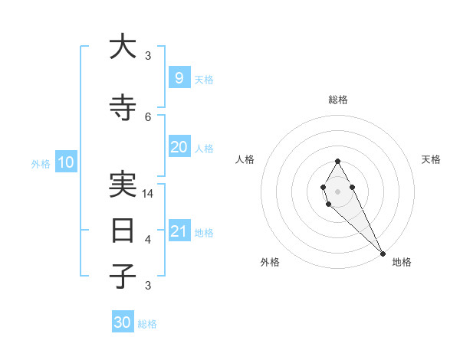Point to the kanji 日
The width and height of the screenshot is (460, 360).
(x=123, y=231)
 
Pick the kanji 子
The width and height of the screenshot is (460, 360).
(x=123, y=276)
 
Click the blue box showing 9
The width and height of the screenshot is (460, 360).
(x=179, y=78)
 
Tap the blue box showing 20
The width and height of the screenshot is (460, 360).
(x=179, y=147)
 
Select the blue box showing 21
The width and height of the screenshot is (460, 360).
(x=179, y=231)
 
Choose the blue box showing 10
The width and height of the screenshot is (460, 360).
(x=65, y=162)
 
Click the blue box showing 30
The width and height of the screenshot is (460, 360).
(x=123, y=322)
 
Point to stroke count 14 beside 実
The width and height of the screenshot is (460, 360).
(x=149, y=194)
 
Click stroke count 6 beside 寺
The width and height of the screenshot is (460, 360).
(x=148, y=116)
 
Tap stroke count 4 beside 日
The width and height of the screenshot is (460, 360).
(x=148, y=240)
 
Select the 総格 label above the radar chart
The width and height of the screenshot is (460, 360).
(x=338, y=100)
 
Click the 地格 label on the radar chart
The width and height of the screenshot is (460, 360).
(x=402, y=262)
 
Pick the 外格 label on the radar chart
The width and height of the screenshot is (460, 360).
(x=270, y=262)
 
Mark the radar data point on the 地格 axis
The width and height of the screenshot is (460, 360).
(x=383, y=254)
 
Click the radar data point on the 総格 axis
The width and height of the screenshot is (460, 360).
(x=337, y=161)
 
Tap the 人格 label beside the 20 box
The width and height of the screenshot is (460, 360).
(x=204, y=148)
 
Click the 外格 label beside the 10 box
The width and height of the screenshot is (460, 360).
(x=41, y=163)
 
